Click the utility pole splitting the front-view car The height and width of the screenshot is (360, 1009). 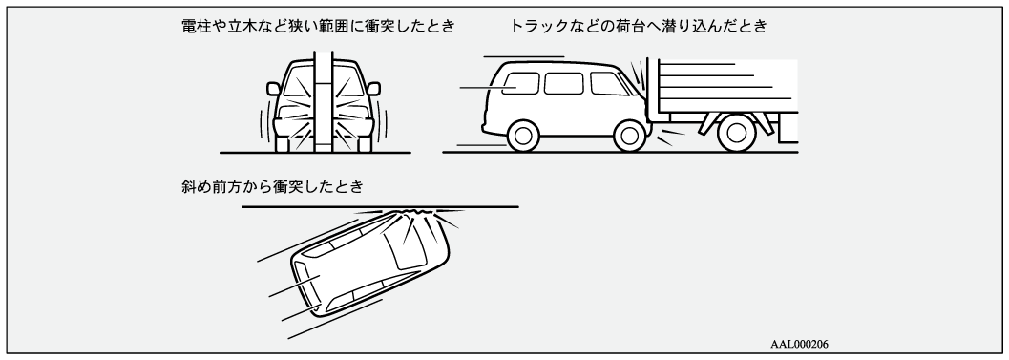pyautogui.click(x=323, y=102)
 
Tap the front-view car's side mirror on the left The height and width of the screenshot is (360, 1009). pyautogui.click(x=273, y=89)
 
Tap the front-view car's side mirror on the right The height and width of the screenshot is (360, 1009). pyautogui.click(x=373, y=89)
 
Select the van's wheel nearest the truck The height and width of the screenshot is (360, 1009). pyautogui.click(x=629, y=136)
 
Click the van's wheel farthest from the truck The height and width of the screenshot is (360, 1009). pyautogui.click(x=522, y=136)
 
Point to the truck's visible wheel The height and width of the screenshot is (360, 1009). pyautogui.click(x=736, y=132)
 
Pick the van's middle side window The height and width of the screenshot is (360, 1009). pyautogui.click(x=564, y=83)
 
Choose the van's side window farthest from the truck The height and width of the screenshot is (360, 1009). pyautogui.click(x=520, y=83)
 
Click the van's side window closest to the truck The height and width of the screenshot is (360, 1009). pyautogui.click(x=608, y=84)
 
